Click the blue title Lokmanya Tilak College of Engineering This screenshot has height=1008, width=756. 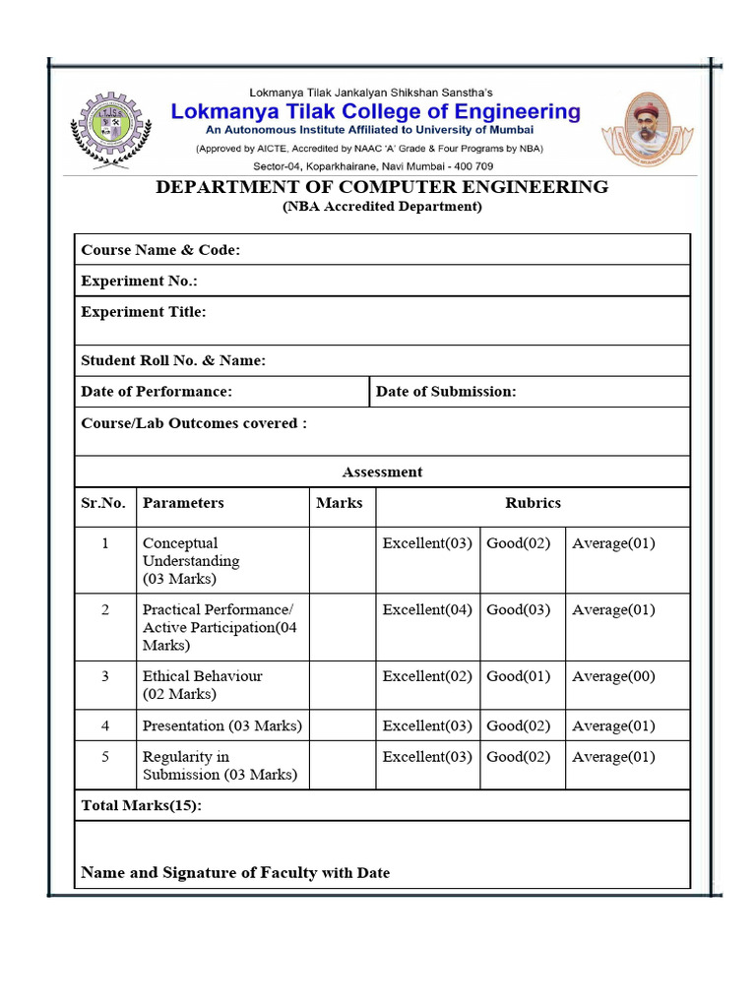(x=376, y=112)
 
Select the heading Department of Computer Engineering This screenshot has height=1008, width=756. (x=382, y=187)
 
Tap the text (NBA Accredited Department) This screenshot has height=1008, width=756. (x=382, y=207)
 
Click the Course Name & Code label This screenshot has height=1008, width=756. (x=160, y=250)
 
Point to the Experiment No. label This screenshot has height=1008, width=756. (x=139, y=282)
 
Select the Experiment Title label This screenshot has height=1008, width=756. (x=144, y=312)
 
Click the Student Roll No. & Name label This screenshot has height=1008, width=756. (x=173, y=361)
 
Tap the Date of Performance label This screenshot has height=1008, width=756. (x=157, y=392)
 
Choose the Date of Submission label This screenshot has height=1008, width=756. (x=446, y=392)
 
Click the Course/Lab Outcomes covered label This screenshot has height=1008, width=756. (x=194, y=423)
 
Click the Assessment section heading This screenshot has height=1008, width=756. (x=382, y=472)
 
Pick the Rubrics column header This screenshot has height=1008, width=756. (x=533, y=503)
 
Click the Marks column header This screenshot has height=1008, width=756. (x=340, y=503)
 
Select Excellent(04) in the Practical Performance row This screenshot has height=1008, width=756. (x=427, y=610)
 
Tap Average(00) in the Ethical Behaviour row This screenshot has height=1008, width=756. (x=613, y=677)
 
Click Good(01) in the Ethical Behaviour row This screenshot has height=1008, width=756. (x=519, y=677)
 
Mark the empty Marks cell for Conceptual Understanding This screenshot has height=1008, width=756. (x=342, y=560)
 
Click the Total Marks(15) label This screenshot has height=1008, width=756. (x=141, y=806)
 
